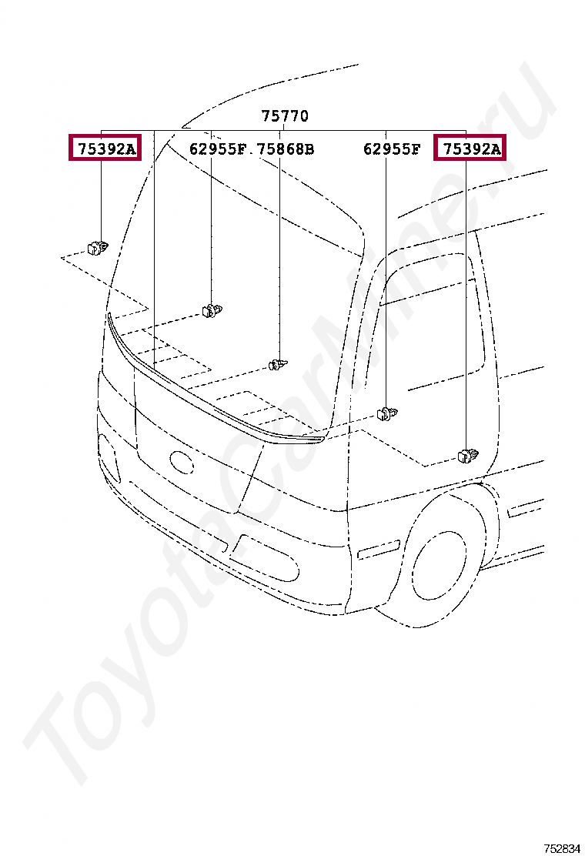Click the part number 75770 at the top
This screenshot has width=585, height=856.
coord(285,116)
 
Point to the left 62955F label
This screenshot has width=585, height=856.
coord(217,149)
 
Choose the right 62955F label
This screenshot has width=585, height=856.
coord(392,149)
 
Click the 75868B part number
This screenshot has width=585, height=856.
coord(286,149)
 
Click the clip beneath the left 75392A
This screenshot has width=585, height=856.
coord(97,247)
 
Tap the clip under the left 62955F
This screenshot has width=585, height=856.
coord(212,310)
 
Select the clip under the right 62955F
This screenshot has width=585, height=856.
coord(387,414)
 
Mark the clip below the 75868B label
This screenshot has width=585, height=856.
coord(278,363)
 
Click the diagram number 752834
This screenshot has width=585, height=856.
coord(562,848)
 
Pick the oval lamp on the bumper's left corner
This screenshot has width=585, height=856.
coord(108,460)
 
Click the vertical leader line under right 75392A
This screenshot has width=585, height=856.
coord(466,308)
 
